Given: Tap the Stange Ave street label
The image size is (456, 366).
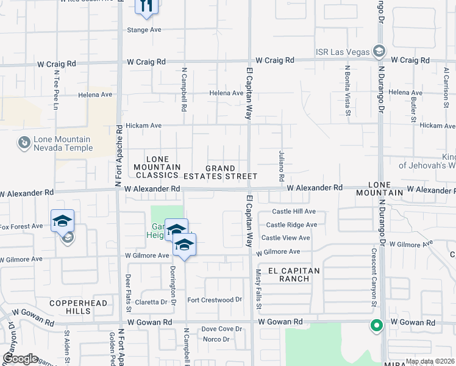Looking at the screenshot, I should click(143, 29).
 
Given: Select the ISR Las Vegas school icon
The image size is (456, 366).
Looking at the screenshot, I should click(379, 51).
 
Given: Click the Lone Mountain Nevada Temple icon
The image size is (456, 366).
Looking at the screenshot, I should click(24, 143).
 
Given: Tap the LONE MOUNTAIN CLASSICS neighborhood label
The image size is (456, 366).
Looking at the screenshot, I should click(157, 167).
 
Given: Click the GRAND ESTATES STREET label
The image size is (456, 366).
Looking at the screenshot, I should click(230, 172).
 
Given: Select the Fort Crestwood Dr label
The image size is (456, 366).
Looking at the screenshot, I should click(215, 300).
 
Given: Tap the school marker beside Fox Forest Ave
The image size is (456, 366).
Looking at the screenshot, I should click(62, 221).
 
